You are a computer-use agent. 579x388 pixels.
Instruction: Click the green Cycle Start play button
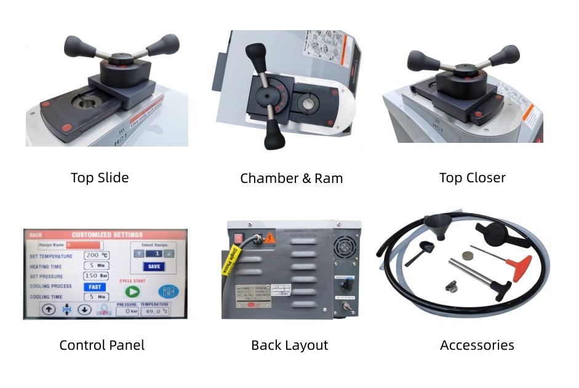click(132, 292)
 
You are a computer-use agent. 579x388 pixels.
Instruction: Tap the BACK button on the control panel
click(36, 235)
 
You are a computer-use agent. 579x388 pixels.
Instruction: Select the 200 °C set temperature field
click(96, 255)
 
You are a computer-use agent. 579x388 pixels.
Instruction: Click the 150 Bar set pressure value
click(96, 275)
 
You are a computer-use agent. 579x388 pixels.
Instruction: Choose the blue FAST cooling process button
click(95, 286)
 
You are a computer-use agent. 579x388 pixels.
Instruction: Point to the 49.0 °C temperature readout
click(154, 312)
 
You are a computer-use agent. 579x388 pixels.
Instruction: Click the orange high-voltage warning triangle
click(269, 236)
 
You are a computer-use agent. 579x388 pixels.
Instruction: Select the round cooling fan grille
click(345, 245)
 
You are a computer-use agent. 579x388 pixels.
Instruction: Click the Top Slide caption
click(100, 178)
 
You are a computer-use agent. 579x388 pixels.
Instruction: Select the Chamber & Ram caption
click(291, 179)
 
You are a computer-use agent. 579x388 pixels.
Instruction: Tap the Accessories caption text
click(477, 346)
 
